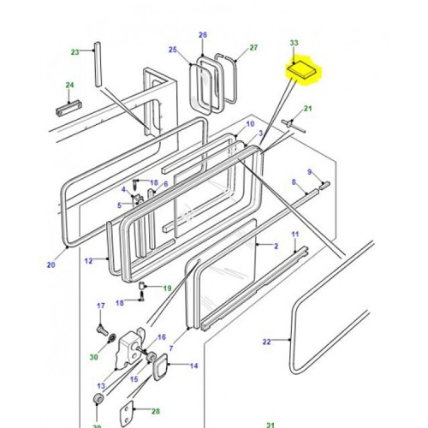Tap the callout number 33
(294, 42)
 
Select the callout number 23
(74, 52)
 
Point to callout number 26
(203, 35)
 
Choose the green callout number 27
(253, 48)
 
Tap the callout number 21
(309, 108)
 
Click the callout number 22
(266, 342)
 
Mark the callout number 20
(51, 265)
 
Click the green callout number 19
(168, 288)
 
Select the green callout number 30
(92, 356)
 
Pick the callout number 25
(172, 51)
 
